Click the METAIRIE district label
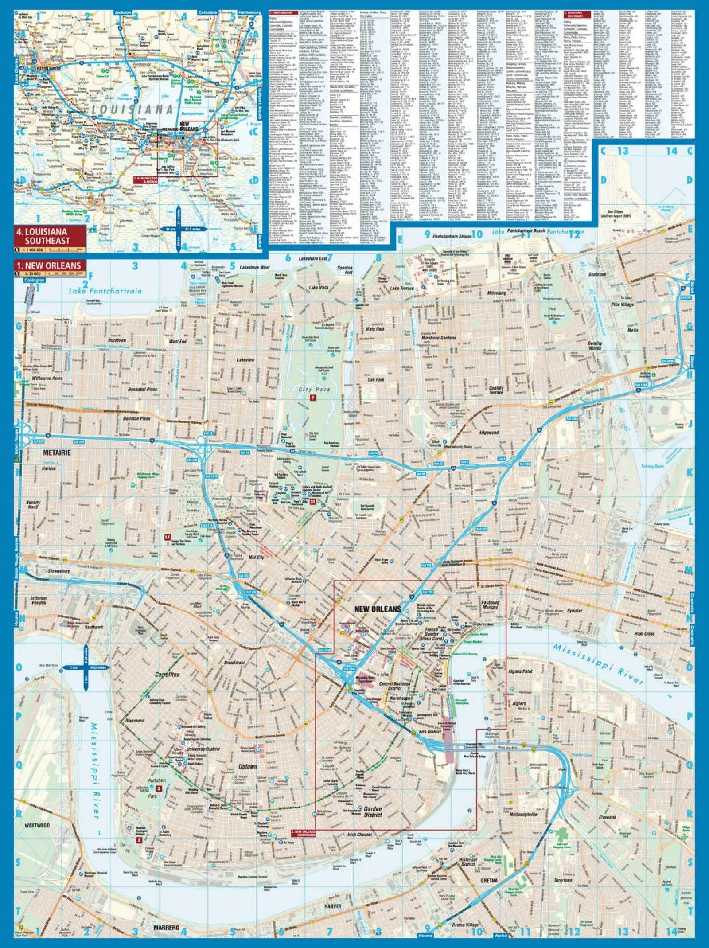click(57, 453)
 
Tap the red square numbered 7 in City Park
click(313, 398)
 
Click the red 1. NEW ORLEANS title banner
click(50, 265)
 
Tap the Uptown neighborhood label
click(247, 766)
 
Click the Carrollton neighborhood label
click(168, 675)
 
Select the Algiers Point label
click(521, 671)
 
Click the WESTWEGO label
click(37, 826)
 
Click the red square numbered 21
click(313, 502)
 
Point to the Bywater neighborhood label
click(575, 611)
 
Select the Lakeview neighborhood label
click(245, 360)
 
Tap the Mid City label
click(256, 557)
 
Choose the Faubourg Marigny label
click(490, 605)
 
